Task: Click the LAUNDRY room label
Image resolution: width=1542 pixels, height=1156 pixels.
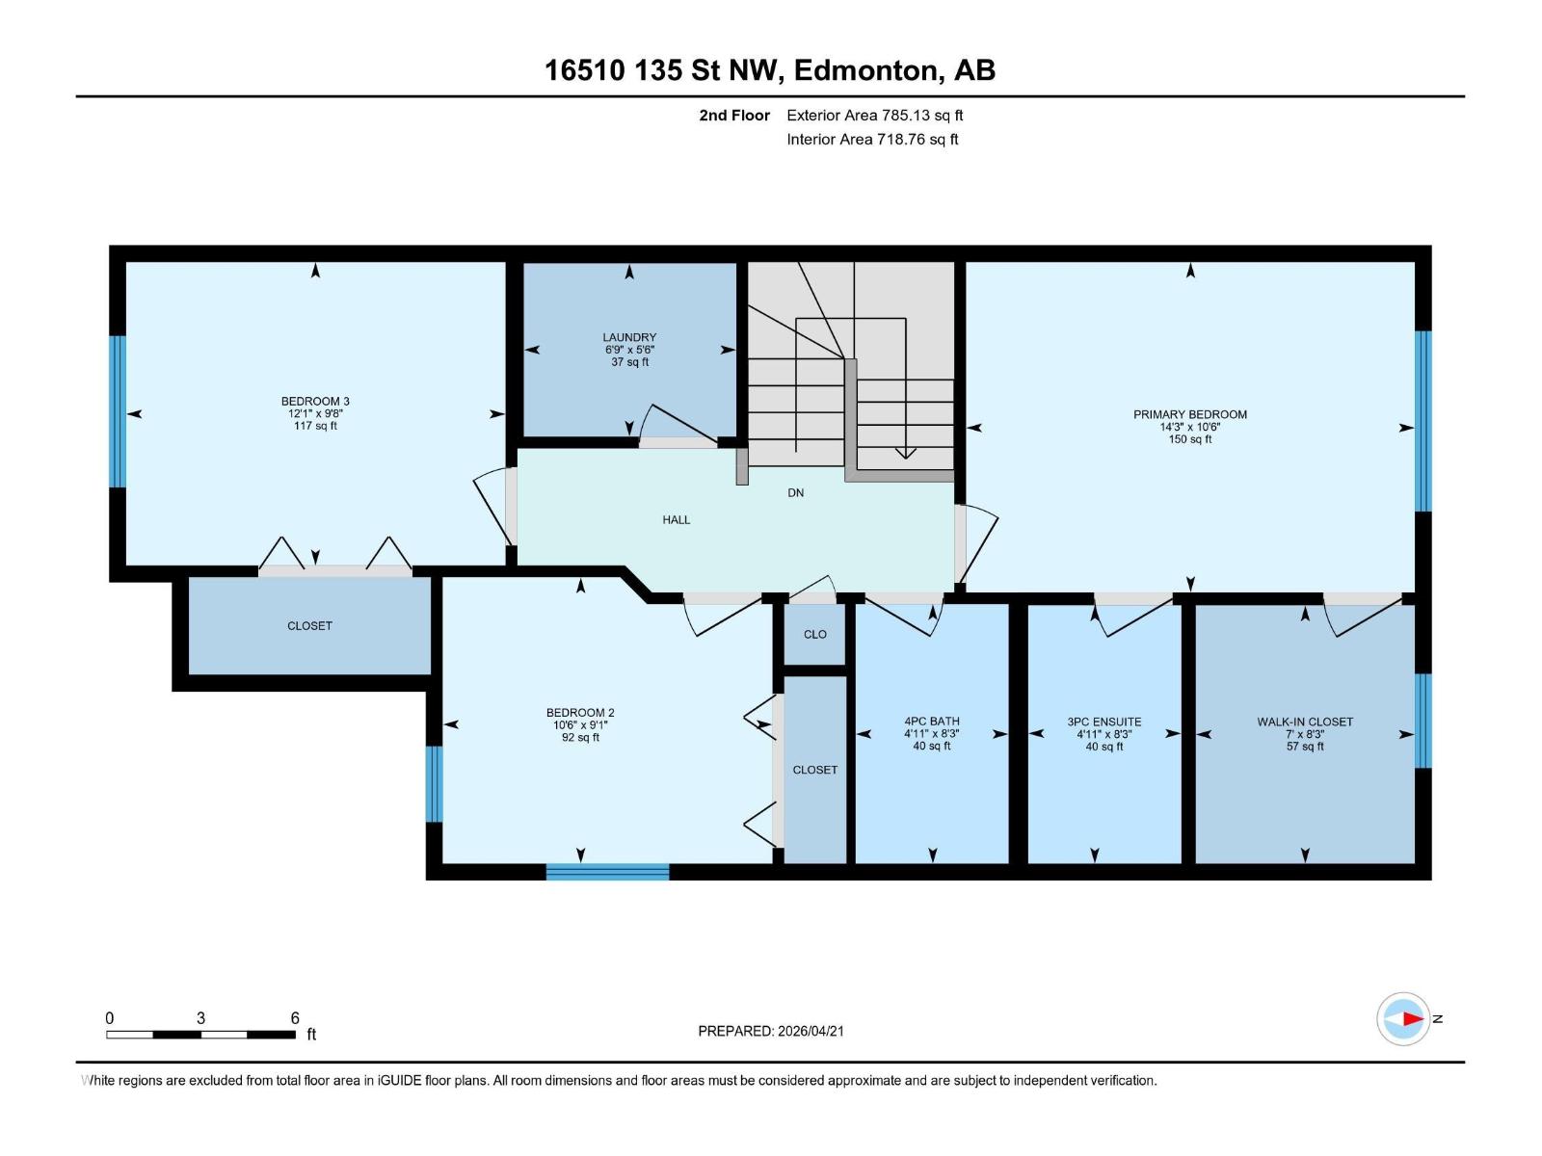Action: [629, 337]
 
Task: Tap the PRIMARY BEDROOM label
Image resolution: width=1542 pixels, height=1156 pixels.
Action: [1189, 414]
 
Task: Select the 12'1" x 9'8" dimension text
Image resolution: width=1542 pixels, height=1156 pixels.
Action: [315, 413]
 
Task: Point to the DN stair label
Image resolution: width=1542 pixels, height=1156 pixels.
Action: [795, 492]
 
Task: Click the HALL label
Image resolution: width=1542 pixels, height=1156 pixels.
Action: [676, 519]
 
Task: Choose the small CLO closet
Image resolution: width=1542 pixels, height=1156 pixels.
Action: [814, 634]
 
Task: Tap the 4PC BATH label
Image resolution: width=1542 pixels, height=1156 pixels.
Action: [931, 721]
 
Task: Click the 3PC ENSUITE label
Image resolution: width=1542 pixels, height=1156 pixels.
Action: [1103, 721]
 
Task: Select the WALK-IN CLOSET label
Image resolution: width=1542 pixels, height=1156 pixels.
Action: [1304, 721]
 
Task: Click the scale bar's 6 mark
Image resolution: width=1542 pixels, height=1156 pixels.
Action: [295, 1018]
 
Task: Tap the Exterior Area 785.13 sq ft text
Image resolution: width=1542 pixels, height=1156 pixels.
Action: [874, 116]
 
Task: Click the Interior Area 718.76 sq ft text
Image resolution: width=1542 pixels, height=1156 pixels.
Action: [872, 139]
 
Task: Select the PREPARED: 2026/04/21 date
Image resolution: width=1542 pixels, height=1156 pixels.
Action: [770, 1031]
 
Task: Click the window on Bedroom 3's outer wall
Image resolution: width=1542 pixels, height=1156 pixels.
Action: [118, 411]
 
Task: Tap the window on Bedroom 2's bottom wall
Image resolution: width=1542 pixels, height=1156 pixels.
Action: [607, 872]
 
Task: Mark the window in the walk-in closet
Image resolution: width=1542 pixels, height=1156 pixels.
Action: [1422, 721]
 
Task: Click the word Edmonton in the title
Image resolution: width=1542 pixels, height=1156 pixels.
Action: [866, 70]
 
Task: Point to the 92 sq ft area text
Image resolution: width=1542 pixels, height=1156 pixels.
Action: [580, 738]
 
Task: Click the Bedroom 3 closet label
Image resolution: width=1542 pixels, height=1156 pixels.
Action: [309, 625]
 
